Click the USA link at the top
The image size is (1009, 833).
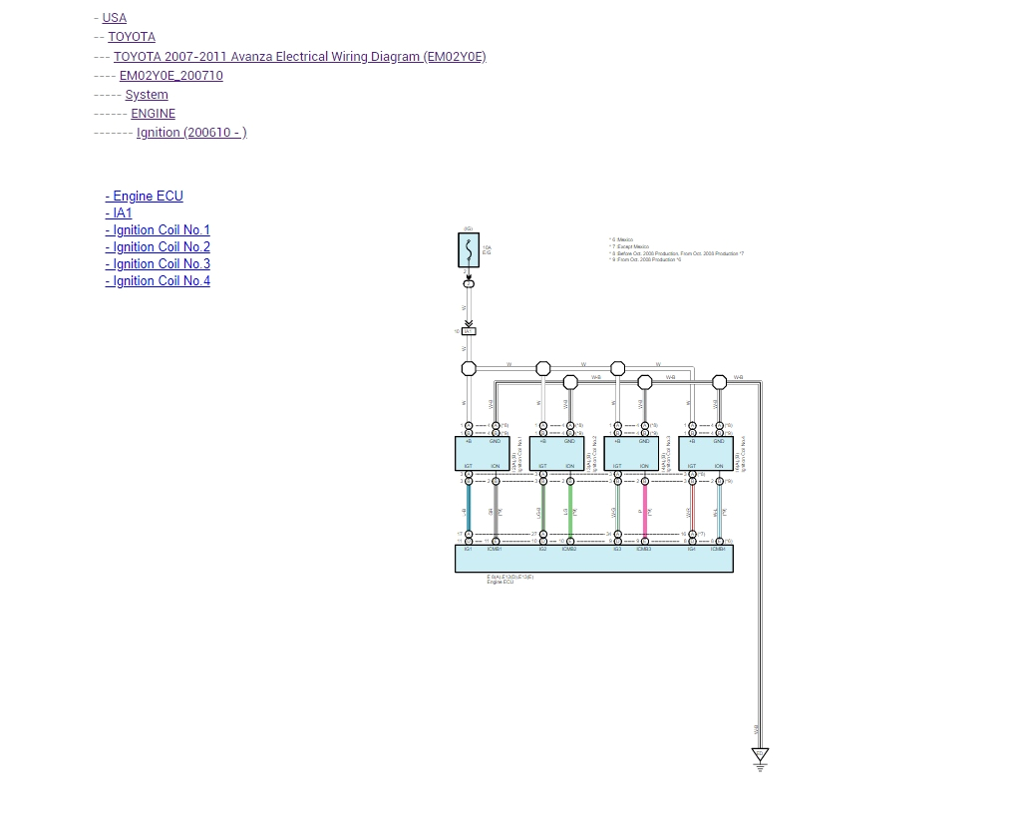114,18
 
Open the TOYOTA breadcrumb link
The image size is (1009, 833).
132,37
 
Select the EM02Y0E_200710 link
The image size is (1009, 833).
170,76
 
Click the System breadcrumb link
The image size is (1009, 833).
147,95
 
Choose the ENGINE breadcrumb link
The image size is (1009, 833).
153,114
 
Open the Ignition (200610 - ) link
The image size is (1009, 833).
191,133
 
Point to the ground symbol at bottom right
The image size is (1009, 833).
760,759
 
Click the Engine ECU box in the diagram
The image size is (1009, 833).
593,560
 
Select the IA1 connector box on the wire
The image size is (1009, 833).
469,331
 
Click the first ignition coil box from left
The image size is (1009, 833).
482,454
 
